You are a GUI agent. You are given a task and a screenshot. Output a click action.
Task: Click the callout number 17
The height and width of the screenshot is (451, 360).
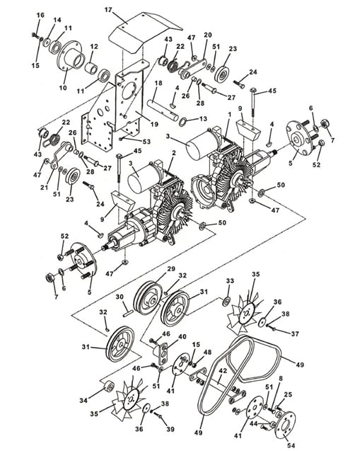pos(108,10)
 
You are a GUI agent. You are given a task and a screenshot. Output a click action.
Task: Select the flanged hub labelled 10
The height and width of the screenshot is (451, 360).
pos(70,59)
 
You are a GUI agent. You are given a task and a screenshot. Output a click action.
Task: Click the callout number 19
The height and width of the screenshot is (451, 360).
pos(154,125)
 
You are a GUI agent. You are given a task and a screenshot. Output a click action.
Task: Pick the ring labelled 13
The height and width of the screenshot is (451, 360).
pos(183,122)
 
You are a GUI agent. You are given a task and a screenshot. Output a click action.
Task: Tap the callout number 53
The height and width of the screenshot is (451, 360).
pos(147,142)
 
